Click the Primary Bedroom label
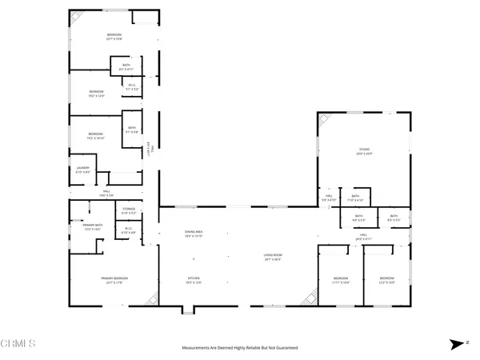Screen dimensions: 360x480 tap(115, 280)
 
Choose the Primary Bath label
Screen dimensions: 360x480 tap(94, 227)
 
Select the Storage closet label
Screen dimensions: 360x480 tap(128, 213)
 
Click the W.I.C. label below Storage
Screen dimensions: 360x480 tap(128, 231)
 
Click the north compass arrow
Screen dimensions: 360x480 tap(455, 343)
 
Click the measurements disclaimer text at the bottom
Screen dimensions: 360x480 tap(240, 348)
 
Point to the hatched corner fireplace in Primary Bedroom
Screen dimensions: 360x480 tap(150, 299)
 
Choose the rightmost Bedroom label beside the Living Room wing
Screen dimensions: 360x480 tap(386, 281)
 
